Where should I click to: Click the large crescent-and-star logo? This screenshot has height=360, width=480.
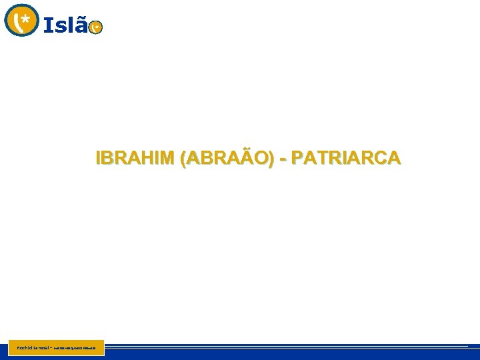pyautogui.click(x=21, y=20)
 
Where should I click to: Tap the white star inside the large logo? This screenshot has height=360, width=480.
pyautogui.click(x=26, y=20)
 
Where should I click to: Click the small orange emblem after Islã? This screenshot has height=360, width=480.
pyautogui.click(x=96, y=27)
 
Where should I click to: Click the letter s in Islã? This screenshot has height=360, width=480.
pyautogui.click(x=60, y=27)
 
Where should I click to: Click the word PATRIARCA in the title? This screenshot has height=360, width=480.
pyautogui.click(x=346, y=158)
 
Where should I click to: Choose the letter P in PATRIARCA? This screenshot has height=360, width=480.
pyautogui.click(x=297, y=158)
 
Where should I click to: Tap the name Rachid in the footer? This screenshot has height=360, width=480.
pyautogui.click(x=17, y=347)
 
